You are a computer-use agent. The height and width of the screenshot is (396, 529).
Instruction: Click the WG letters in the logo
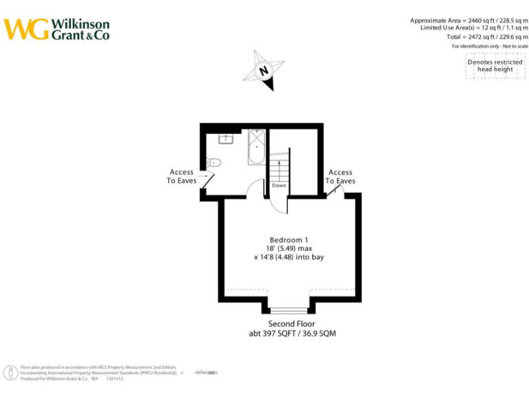27,29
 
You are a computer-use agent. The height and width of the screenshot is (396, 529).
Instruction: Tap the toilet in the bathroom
213,163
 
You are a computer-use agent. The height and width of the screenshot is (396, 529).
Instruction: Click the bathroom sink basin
227,138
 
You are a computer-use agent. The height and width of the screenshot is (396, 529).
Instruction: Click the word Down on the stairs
279,186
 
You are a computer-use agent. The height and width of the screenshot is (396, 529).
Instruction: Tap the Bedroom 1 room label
289,239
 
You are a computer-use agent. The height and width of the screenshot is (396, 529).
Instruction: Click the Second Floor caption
291,323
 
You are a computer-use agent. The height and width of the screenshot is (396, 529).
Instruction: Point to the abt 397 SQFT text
292,333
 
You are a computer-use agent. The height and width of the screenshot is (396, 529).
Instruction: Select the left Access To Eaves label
181,177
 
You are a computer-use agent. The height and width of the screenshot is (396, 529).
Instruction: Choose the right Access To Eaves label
340,177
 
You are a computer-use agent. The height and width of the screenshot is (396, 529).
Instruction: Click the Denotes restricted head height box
495,66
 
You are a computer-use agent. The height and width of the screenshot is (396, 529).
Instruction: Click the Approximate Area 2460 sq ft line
469,20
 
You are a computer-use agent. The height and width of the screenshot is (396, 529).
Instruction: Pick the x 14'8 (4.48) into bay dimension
289,257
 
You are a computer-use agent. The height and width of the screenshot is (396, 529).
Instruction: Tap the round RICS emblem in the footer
12,373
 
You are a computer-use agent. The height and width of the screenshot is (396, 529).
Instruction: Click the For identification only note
490,46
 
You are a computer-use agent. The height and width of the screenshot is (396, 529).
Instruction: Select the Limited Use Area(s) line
474,28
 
